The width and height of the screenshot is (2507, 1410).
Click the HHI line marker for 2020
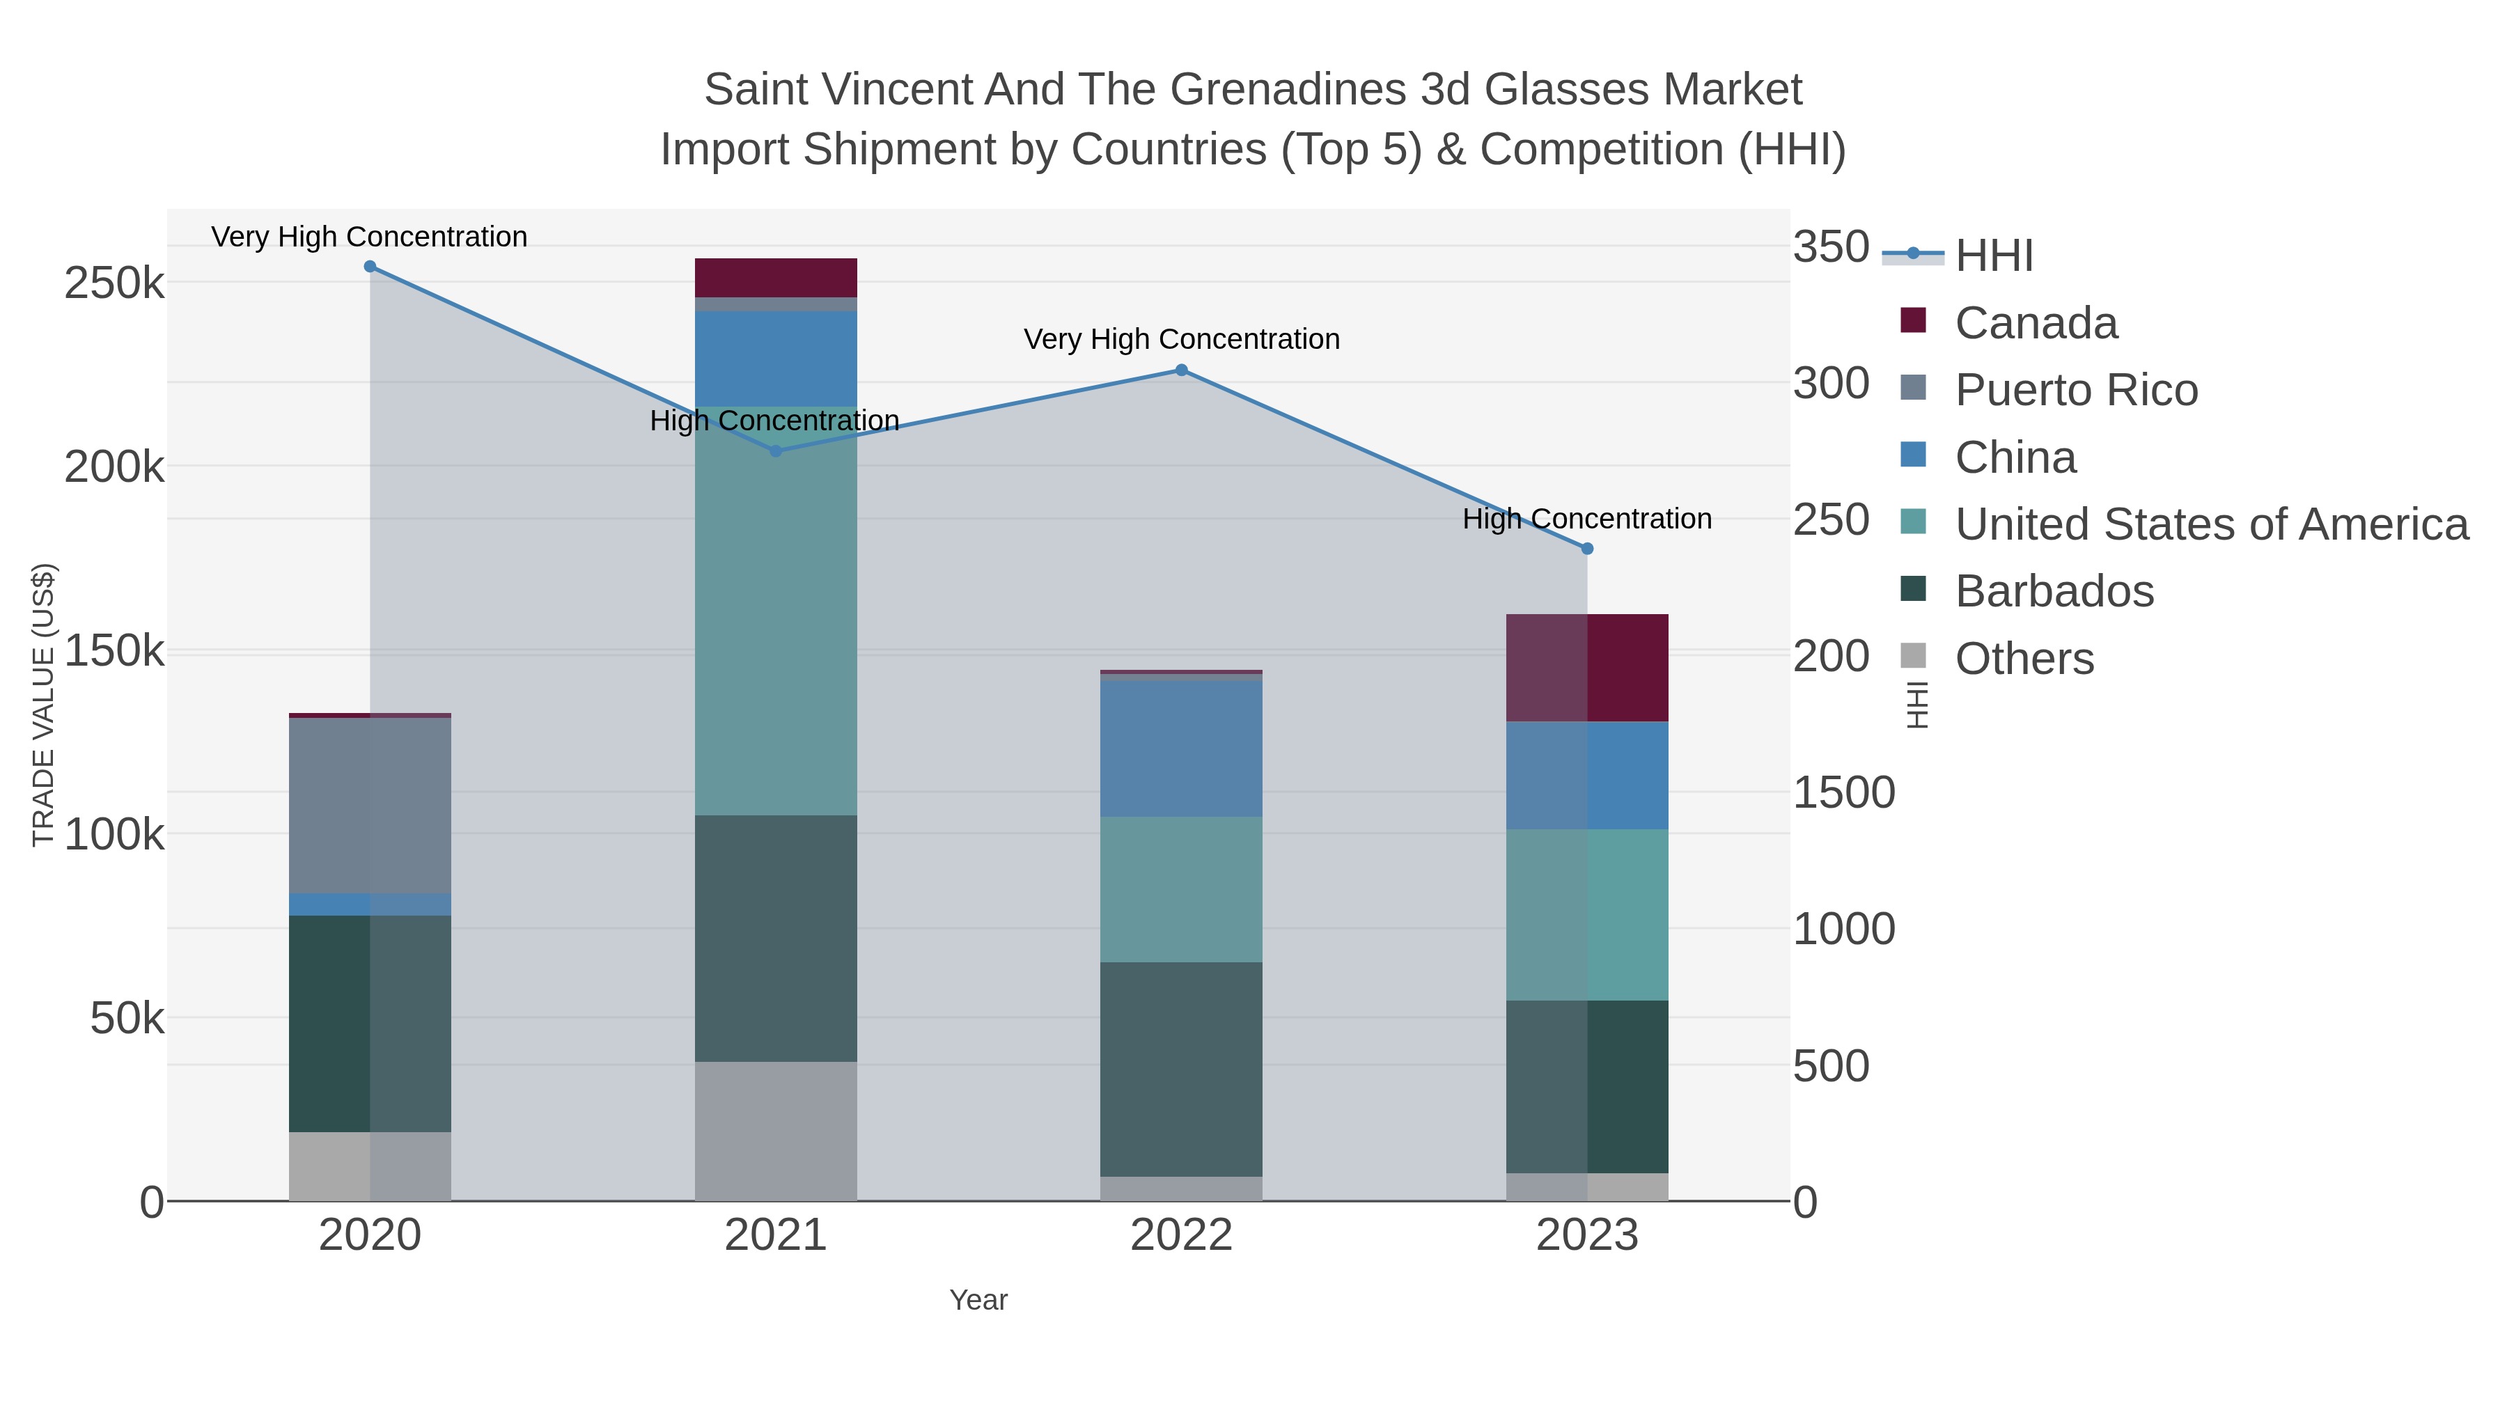tap(370, 267)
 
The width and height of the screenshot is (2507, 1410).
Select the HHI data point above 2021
tap(776, 451)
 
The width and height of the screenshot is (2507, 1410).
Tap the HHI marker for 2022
tap(1182, 370)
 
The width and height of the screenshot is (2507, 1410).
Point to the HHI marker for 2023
tap(1587, 549)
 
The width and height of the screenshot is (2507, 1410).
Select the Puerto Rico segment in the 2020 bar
tap(370, 806)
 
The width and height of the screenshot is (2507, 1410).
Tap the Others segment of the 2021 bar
tap(776, 1131)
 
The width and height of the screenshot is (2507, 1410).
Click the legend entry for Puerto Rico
tap(2076, 390)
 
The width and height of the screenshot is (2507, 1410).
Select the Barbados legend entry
tap(2054, 592)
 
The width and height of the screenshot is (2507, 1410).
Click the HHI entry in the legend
tap(1993, 256)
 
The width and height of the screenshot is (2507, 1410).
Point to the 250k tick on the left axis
tap(114, 284)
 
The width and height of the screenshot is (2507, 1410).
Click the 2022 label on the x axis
tap(1182, 1236)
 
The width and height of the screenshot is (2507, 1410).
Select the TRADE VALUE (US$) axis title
tap(44, 705)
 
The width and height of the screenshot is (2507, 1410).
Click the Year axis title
tap(978, 1300)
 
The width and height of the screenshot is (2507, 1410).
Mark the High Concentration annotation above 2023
tap(1587, 519)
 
